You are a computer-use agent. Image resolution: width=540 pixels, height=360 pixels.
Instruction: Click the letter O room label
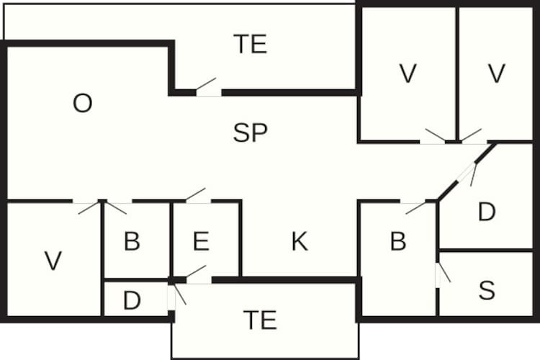point(83,104)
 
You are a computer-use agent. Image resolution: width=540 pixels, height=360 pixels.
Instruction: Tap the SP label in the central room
point(251,132)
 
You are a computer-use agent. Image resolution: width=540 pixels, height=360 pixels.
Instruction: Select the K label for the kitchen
point(300,243)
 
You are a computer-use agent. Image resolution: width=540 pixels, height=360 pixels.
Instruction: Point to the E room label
point(201,242)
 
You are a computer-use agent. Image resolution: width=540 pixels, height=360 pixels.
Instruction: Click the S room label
point(487,291)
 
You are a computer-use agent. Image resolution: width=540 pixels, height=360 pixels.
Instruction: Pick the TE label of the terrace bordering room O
point(251,45)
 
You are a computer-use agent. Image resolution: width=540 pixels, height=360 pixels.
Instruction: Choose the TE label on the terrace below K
point(260,319)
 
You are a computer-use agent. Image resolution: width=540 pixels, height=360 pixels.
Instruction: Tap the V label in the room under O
point(53,261)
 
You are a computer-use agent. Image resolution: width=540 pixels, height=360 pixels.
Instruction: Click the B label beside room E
point(132,242)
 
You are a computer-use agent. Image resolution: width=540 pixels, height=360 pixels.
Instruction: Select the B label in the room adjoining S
point(398,242)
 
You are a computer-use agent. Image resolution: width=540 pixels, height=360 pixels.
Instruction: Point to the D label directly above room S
point(487,212)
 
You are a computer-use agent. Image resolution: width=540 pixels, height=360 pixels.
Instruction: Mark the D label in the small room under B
point(132,300)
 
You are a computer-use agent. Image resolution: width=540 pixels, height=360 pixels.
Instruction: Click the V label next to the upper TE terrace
point(408,73)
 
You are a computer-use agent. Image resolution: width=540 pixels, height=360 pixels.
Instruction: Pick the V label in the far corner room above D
point(495,73)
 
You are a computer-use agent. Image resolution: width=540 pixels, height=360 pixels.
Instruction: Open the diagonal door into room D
point(467,172)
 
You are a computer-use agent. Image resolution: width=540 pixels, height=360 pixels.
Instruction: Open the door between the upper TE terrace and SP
point(209,91)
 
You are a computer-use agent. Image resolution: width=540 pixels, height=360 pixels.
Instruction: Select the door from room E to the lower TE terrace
point(199,279)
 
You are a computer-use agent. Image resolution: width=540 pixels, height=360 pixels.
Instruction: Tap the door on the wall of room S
point(438,275)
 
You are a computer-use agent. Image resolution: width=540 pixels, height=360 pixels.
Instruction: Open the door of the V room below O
point(86,202)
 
